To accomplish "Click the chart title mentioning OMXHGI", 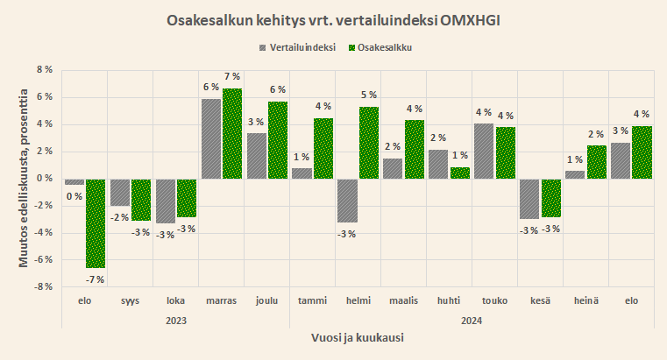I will (x=333, y=19).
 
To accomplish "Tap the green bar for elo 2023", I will (x=96, y=223).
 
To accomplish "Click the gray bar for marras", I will (x=211, y=138).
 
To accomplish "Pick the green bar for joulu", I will (x=278, y=140).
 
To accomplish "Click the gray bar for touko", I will (x=484, y=151).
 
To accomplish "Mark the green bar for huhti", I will (x=460, y=173).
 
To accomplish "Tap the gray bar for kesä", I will (x=529, y=199).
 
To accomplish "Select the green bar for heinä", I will (x=597, y=162).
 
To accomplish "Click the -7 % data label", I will (x=95, y=279).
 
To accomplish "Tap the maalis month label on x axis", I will (x=404, y=301).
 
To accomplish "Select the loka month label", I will (x=175, y=301).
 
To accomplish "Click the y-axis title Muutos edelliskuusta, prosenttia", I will (x=24, y=178).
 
